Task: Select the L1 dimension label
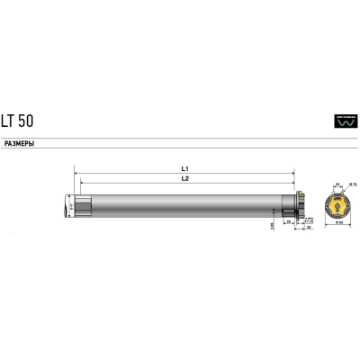coord(184,166)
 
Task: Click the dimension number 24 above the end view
coord(337,183)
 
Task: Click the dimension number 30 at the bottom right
coord(309,228)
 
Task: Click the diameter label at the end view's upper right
coord(353,184)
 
